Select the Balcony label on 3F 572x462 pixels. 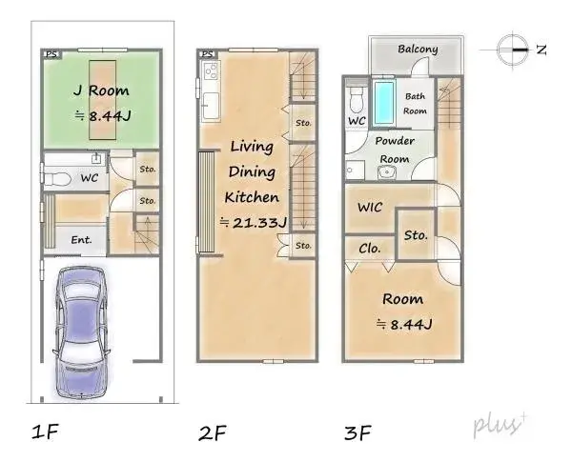[417, 50]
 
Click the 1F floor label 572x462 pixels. [45, 433]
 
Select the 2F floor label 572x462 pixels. [212, 433]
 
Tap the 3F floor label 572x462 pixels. [357, 433]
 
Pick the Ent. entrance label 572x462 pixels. [81, 239]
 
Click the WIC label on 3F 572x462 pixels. [370, 207]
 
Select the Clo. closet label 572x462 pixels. [370, 248]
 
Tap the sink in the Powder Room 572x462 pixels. [387, 172]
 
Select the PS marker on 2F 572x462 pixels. [206, 54]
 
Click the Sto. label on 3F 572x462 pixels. [415, 233]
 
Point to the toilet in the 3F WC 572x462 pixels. [355, 97]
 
